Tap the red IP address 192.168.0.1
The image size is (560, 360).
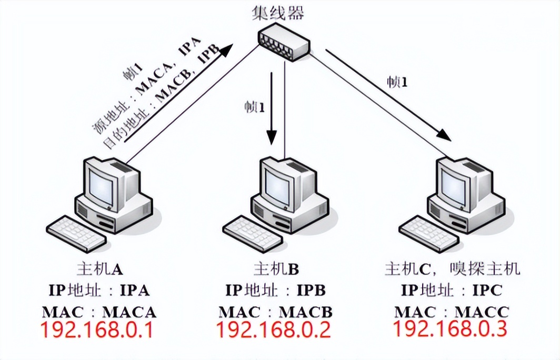97,329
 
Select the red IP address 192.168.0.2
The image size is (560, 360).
273,329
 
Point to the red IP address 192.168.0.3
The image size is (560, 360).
449,328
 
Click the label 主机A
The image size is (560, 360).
99,269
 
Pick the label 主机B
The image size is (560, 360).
276,269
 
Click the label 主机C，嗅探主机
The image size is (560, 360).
452,269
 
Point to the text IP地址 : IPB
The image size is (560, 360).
276,290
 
